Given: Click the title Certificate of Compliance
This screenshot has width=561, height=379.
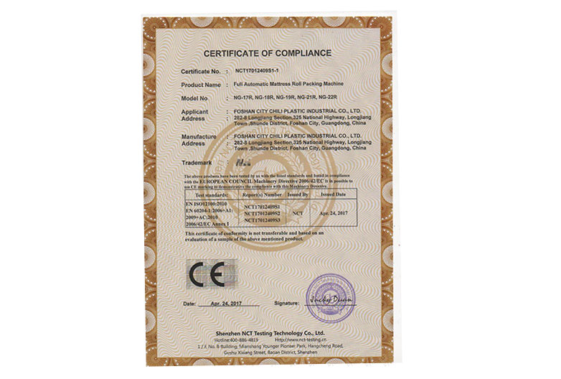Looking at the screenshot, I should coord(267,53).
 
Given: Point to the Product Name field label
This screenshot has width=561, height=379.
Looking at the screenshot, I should coord(201,85).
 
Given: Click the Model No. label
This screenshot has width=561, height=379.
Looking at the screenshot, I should coord(195,98).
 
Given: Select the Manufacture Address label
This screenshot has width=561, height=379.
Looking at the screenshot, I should coord(198,139).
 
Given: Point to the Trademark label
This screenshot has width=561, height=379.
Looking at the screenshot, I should coord(198,163).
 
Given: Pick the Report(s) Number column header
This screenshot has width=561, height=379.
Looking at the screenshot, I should coord(263,194).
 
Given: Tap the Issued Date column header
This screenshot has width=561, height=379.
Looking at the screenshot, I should coord(335,194).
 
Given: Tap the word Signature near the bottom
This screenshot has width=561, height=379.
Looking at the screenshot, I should coord(276,304).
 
